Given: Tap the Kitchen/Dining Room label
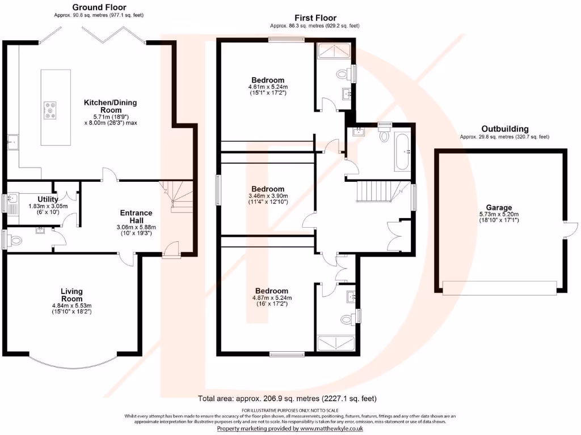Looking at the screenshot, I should [x=111, y=106].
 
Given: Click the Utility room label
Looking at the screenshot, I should [x=48, y=199].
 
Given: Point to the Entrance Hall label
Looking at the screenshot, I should [x=136, y=216].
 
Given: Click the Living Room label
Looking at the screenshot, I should [x=71, y=295].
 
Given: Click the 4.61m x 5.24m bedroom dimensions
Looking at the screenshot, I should [x=268, y=90].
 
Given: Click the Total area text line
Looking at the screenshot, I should [x=287, y=398].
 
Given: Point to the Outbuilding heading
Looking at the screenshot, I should [x=504, y=129].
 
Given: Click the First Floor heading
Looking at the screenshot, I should [x=315, y=18].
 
